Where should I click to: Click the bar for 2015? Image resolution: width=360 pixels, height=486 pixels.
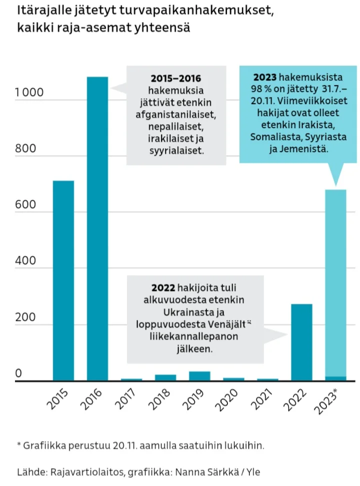63,280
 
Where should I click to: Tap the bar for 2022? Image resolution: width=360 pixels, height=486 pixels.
301,342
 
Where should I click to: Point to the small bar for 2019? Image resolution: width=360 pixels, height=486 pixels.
199,376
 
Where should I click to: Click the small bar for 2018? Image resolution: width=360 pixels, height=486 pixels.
165,377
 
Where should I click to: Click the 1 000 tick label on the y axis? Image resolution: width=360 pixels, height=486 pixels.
29,93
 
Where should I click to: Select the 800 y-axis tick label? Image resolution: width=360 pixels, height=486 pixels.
26,149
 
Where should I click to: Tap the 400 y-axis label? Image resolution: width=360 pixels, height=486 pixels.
26,261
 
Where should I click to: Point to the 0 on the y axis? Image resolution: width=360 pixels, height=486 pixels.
18,373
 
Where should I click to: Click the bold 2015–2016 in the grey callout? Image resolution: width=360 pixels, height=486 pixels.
175,79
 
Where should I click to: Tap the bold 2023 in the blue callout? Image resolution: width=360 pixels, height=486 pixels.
265,78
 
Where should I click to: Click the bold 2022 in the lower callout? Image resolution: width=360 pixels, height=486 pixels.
163,288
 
